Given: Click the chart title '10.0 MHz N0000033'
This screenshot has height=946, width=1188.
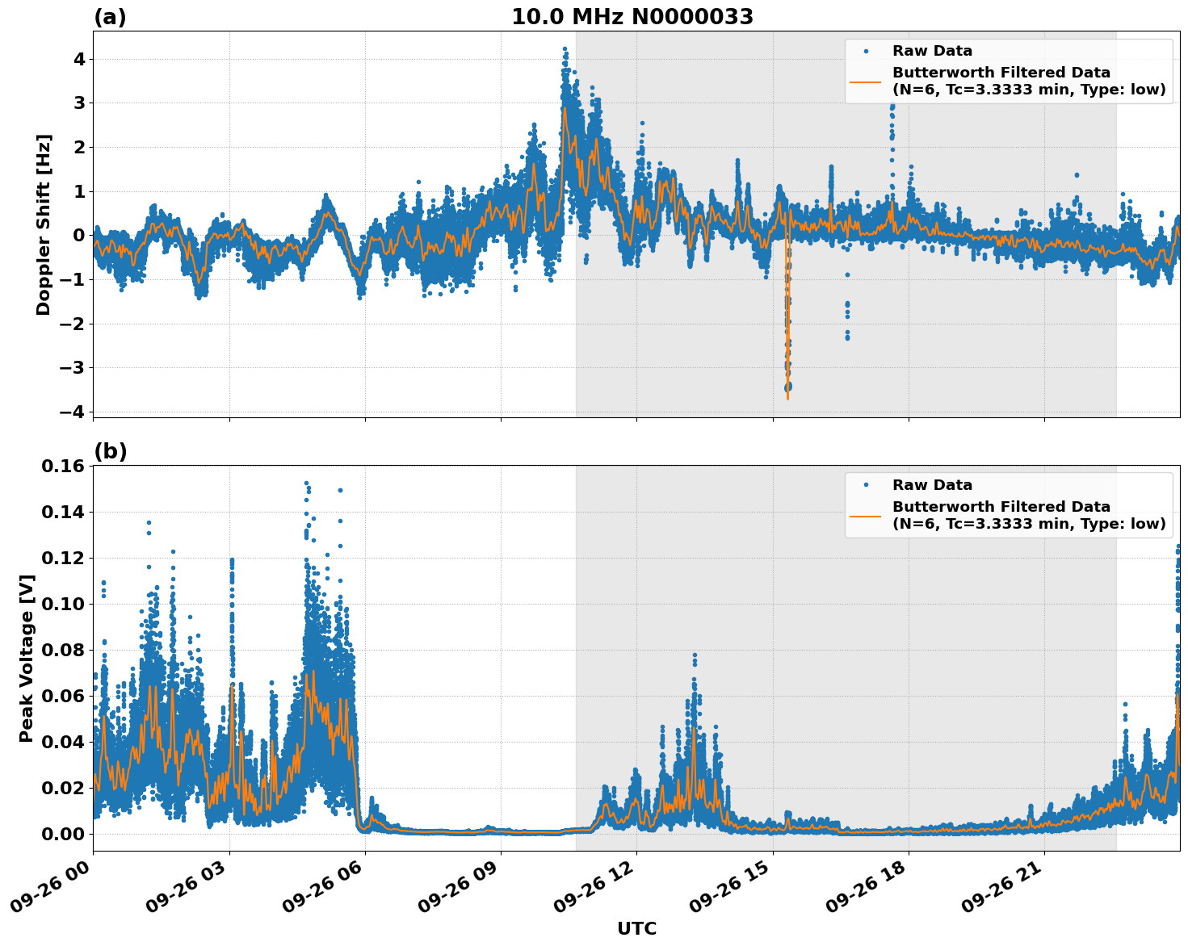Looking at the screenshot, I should click(632, 17).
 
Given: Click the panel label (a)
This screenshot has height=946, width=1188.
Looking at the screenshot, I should click(110, 17).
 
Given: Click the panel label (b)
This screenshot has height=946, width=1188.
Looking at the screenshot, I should click(110, 451).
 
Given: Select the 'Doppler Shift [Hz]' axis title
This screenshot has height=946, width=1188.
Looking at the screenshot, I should click(44, 224).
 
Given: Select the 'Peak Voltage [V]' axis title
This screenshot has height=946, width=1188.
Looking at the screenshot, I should click(27, 658).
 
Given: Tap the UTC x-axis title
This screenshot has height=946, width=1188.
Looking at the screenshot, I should click(636, 928).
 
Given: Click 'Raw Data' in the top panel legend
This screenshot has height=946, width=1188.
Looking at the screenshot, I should click(932, 51).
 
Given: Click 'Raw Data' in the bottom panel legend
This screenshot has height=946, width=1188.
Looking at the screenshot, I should click(932, 485).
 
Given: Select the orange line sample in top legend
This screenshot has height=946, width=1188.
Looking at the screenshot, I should click(865, 81).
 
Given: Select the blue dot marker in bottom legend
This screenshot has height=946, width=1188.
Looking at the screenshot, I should click(866, 485).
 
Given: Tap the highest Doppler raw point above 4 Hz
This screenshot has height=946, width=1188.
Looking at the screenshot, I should click(565, 48).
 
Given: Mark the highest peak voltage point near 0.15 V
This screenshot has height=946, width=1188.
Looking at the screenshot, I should click(306, 483).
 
